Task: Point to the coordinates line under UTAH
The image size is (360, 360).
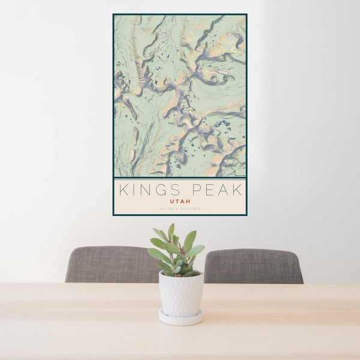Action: coord(180,209)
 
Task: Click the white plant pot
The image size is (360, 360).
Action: coord(181,294)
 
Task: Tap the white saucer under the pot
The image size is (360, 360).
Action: coord(181,317)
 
